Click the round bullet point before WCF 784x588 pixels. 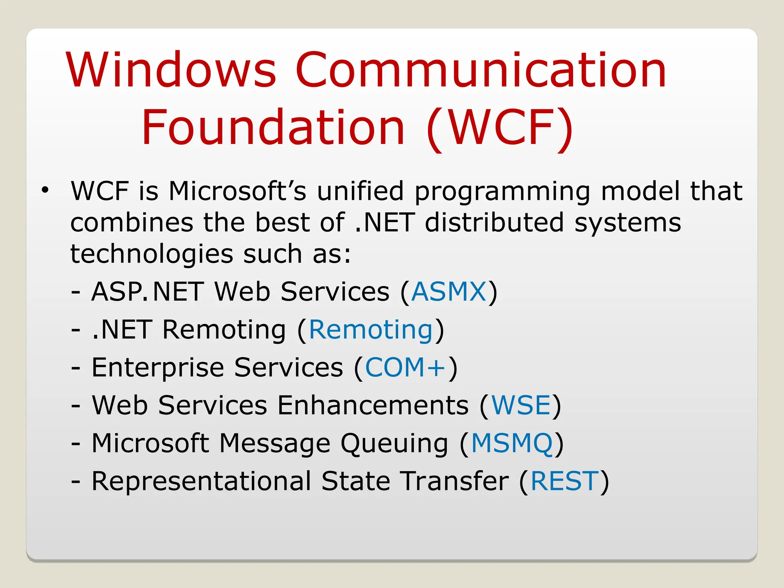coord(46,189)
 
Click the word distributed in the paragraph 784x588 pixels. coord(494,222)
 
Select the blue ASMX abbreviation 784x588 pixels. coord(448,292)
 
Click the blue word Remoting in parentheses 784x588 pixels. coord(371,330)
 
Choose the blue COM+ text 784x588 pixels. coord(405,367)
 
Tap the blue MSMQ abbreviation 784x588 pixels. coord(511,443)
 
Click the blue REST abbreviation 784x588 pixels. coord(564,481)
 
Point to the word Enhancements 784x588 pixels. coord(372,405)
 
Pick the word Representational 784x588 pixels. coord(201,482)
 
